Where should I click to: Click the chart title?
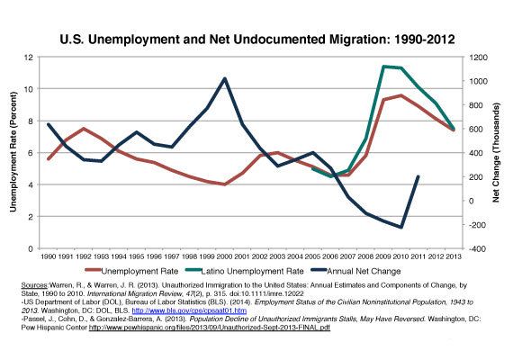coord(256,40)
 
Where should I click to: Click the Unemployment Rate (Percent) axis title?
coord(13,153)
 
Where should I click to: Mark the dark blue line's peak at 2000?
coord(224,78)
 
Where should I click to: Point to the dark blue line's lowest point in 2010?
coord(400,227)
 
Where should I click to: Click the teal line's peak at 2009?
coord(383,66)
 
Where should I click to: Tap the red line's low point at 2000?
coord(224,184)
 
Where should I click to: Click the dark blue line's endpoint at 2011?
coord(418,176)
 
